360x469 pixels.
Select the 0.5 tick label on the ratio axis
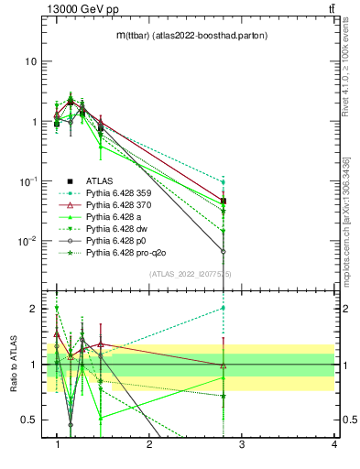[29, 420]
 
